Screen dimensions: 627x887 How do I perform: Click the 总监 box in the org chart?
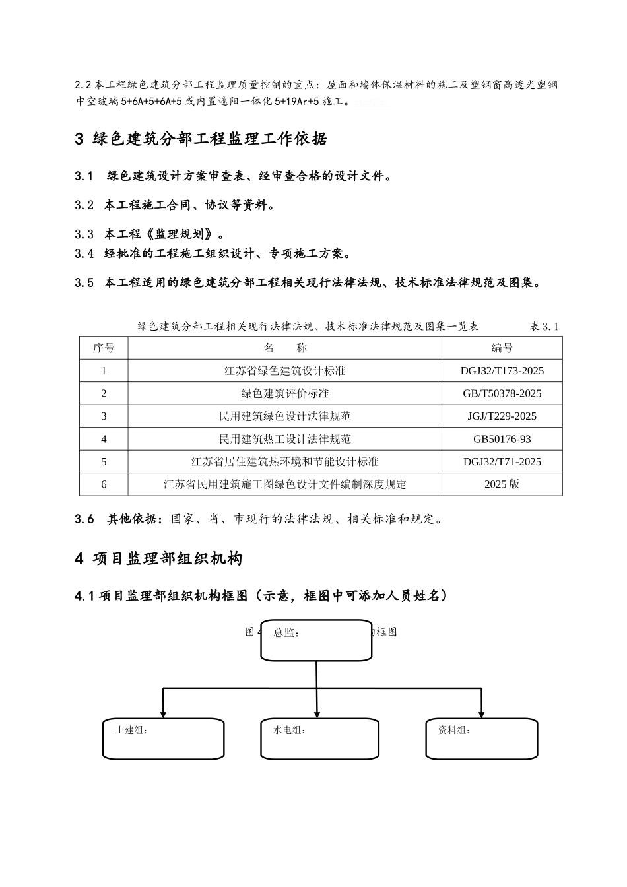coord(316,640)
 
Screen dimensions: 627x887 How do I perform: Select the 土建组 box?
coord(163,739)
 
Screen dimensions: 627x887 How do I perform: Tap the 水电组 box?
coord(319,739)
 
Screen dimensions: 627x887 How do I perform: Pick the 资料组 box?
coord(481,739)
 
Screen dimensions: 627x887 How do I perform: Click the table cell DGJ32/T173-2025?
coord(502,371)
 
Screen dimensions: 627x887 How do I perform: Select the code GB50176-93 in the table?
coord(502,439)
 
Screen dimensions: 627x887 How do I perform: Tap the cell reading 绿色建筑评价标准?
coord(284,393)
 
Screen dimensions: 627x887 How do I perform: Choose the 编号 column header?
coord(502,348)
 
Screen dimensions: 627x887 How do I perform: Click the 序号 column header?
coord(104,348)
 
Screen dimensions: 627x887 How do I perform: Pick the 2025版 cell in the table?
coord(502,484)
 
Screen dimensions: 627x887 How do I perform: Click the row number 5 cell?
coord(104,462)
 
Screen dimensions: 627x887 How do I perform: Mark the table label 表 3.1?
coord(544,327)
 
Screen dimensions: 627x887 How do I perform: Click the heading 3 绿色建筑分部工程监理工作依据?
coord(201,139)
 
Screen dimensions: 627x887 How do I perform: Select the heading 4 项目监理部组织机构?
coord(158,559)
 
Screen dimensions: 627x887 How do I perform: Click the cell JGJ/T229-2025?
coord(502,416)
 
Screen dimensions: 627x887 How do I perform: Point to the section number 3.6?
coord(84,519)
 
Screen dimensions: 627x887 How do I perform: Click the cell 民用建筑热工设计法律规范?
coord(284,439)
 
